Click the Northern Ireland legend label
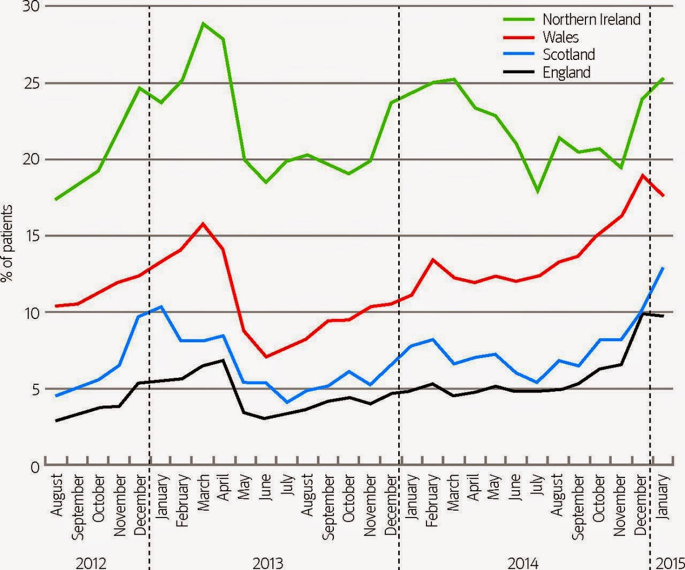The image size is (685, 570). click(x=591, y=19)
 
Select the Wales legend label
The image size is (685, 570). click(x=560, y=37)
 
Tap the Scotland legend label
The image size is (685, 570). click(x=568, y=55)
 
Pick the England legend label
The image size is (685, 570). click(x=566, y=72)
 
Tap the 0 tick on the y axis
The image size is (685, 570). click(x=35, y=466)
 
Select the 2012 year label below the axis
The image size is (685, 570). click(x=92, y=563)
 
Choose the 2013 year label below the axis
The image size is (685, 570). click(x=268, y=563)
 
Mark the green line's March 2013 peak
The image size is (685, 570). click(x=203, y=24)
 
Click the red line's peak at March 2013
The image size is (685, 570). click(x=203, y=224)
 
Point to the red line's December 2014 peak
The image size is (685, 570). click(x=642, y=175)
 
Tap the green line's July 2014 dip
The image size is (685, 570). click(x=537, y=192)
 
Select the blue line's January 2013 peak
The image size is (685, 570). click(x=161, y=307)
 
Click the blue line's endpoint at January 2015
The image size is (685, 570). click(x=664, y=268)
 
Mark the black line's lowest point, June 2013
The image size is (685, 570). click(x=265, y=419)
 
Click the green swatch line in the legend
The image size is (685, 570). click(x=519, y=19)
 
